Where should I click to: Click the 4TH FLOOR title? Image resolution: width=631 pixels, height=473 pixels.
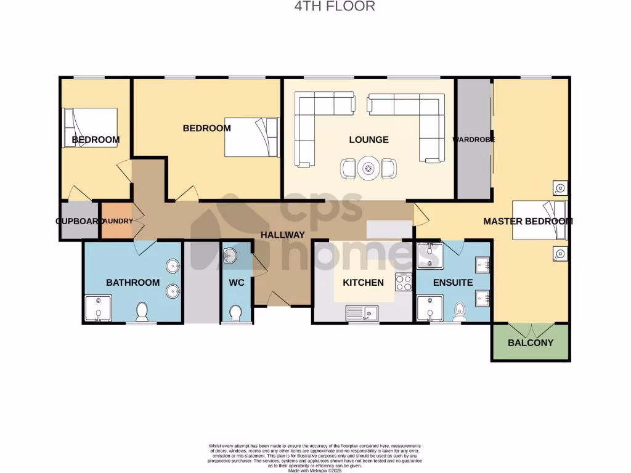333,7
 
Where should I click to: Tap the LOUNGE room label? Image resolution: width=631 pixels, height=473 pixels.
368,140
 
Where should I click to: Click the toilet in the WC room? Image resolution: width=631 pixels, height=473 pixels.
235,314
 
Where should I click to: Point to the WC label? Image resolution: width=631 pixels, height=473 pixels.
237,283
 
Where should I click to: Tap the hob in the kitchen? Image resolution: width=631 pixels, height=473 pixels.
403,282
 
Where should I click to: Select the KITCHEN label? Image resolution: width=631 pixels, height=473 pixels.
363,283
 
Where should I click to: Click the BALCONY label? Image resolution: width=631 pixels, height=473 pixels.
530,342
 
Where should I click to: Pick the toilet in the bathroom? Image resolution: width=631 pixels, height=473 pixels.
142,312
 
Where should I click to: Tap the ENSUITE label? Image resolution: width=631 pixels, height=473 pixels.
453,283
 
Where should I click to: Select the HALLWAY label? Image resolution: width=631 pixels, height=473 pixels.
282,235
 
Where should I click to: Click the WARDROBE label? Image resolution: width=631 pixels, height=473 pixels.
473,140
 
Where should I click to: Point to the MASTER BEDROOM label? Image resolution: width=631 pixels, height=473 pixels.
527,221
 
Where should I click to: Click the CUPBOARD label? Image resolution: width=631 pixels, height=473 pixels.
78,220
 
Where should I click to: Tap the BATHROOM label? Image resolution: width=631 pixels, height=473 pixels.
132,283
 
